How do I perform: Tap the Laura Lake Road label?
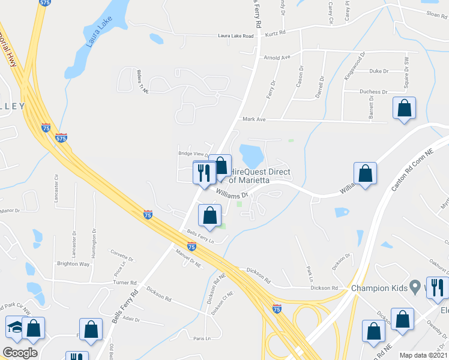(x=236, y=37)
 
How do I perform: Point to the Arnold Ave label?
(x=277, y=58)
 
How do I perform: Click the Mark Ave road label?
(x=253, y=119)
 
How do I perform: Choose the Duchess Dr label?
(x=373, y=92)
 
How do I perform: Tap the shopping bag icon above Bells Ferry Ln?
(x=209, y=215)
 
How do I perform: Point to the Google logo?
(x=20, y=353)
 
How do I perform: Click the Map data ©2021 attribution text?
(x=423, y=355)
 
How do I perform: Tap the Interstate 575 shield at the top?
(x=44, y=3)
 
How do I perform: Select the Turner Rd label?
(x=125, y=282)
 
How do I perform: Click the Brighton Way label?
(x=73, y=264)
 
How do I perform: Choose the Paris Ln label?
(x=202, y=338)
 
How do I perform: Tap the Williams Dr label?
(x=232, y=194)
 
